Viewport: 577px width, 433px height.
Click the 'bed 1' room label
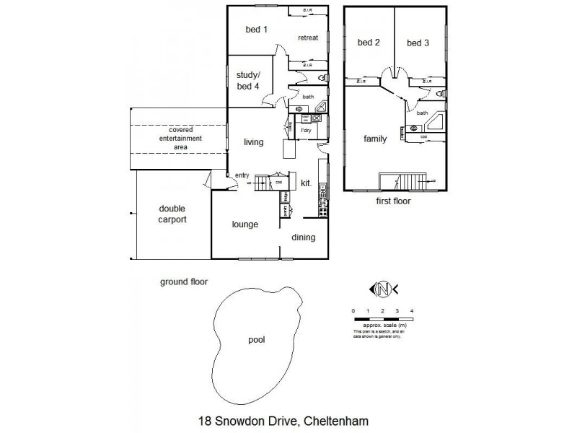click(256, 30)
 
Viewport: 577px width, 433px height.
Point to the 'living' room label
click(252, 142)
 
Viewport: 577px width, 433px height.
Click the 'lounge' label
click(245, 224)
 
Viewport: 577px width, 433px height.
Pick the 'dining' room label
click(304, 237)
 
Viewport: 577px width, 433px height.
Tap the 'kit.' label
click(307, 184)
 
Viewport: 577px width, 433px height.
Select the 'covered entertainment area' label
click(180, 138)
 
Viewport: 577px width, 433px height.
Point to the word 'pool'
click(257, 338)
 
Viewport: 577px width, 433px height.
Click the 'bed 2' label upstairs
click(369, 43)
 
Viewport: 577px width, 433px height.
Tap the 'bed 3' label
click(418, 43)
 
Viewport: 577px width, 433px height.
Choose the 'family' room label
click(366, 139)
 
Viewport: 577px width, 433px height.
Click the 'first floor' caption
click(393, 201)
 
